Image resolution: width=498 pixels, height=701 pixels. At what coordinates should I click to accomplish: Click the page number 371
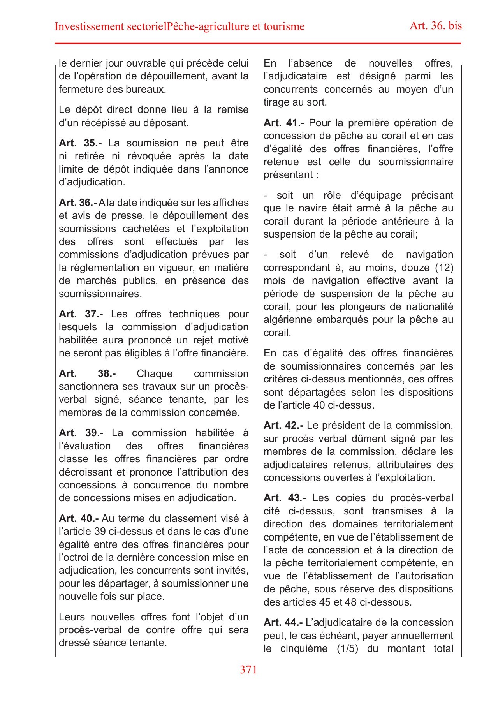tap(248, 669)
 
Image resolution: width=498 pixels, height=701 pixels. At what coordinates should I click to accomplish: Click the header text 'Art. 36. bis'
tap(435, 26)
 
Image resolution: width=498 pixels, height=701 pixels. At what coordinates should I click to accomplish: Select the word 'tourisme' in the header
tap(284, 26)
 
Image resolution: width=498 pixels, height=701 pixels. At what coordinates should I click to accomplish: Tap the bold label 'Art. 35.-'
tap(81, 143)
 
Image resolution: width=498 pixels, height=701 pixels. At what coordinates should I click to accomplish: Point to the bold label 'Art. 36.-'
tap(78, 203)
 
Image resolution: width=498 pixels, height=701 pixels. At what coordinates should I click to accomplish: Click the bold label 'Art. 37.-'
tap(81, 314)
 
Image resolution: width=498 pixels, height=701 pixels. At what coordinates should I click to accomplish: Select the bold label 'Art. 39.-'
tap(81, 433)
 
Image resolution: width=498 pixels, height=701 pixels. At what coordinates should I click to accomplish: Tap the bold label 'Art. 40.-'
tap(79, 518)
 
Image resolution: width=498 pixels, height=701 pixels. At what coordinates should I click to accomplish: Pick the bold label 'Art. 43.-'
tap(285, 498)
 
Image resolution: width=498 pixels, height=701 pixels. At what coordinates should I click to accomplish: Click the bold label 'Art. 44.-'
tap(283, 622)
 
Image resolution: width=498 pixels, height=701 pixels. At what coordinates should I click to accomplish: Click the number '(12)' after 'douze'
tap(443, 268)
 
